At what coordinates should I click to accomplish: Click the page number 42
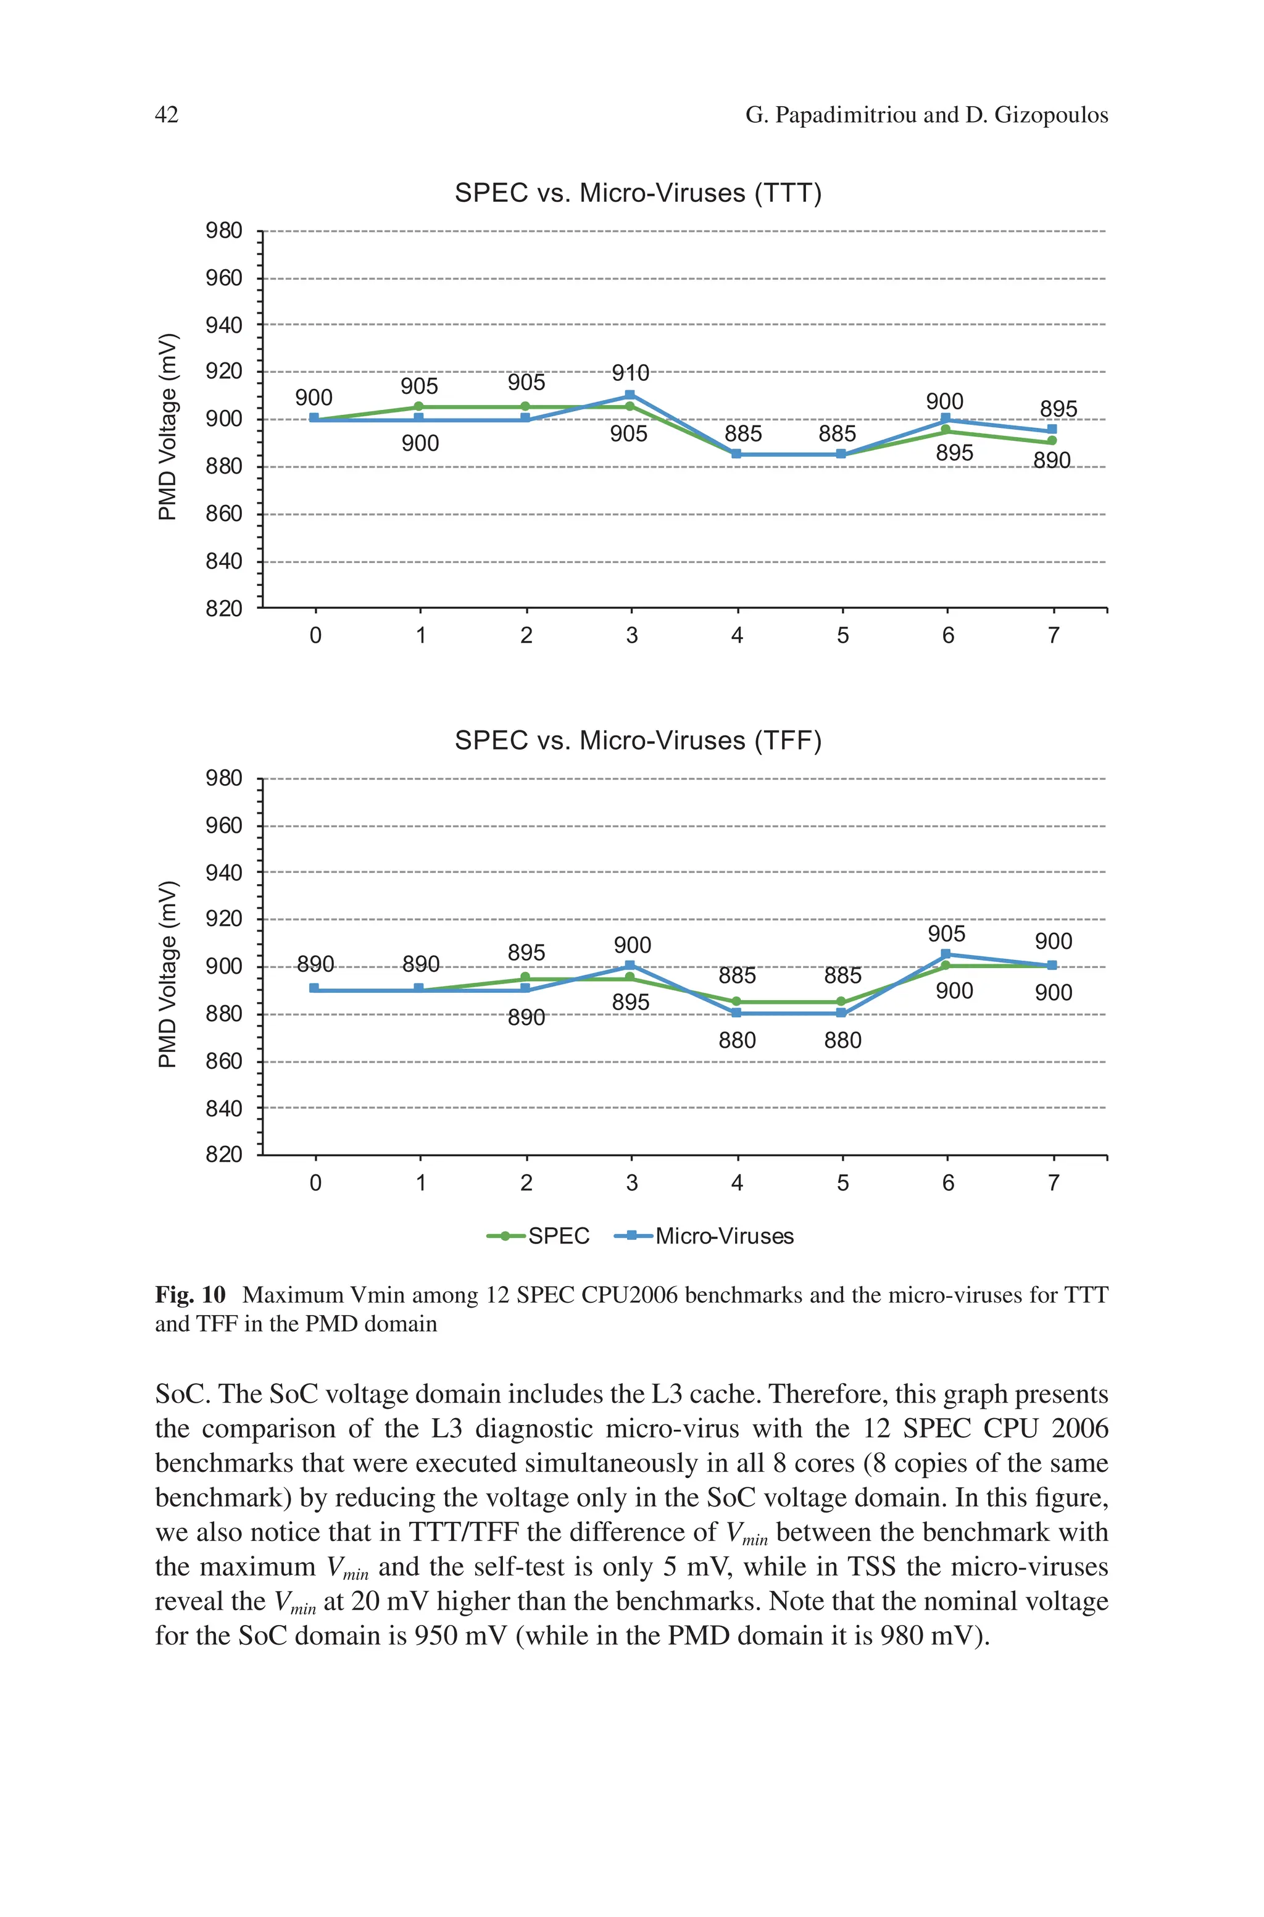tap(166, 115)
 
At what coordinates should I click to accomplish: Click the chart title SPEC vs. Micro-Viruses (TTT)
tap(638, 193)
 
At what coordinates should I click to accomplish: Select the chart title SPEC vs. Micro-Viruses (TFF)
tap(638, 740)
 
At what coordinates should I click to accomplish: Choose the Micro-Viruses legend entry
tap(705, 1236)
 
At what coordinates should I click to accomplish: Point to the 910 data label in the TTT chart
tap(630, 374)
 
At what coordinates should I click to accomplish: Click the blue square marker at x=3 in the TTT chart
tap(630, 395)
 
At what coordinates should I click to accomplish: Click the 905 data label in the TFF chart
tap(946, 933)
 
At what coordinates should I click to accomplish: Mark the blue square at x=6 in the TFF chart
tap(946, 954)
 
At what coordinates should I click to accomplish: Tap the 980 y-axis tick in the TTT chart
tap(224, 232)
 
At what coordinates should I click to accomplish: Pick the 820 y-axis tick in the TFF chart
tap(224, 1155)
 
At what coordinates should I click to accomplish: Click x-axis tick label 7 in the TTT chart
tap(1053, 636)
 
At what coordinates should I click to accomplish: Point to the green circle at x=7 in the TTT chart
tap(1052, 441)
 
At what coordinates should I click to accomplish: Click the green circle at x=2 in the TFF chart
tap(525, 977)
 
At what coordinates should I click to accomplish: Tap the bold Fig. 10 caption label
tap(190, 1295)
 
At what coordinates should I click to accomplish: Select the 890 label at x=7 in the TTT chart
tap(1052, 461)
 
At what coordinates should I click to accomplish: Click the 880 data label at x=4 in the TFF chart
tap(738, 1041)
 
